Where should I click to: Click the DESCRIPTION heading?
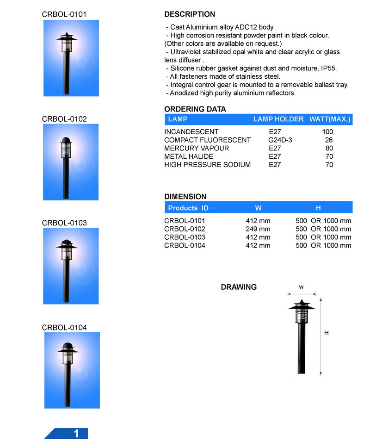click(190, 14)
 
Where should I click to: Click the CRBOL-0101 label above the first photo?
click(64, 14)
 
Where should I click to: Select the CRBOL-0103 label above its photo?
click(64, 223)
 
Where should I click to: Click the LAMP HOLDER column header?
click(278, 119)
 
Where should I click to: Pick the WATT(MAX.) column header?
click(330, 119)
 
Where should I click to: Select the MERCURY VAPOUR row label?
click(197, 148)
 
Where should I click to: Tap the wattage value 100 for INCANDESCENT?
click(327, 132)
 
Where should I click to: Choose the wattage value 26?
click(329, 140)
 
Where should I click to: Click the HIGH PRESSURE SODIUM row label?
click(207, 165)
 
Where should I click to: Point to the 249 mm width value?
click(258, 229)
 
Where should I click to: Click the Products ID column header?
click(188, 208)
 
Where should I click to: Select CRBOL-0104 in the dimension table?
click(185, 245)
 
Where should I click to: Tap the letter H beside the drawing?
click(326, 333)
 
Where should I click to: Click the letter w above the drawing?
click(301, 287)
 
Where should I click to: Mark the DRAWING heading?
click(239, 287)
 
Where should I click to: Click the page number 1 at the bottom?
click(76, 434)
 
